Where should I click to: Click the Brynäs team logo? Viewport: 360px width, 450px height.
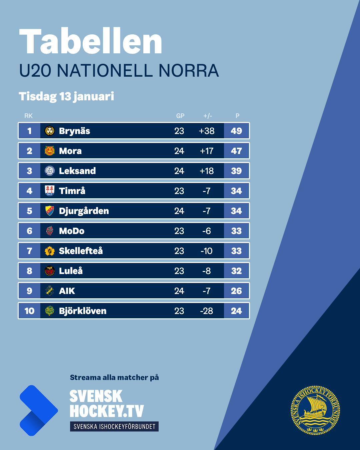(50, 131)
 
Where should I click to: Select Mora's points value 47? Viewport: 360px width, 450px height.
(236, 151)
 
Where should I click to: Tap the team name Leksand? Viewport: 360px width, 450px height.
(77, 171)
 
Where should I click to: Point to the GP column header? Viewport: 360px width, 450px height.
(180, 116)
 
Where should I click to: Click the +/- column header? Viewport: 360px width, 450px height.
(208, 116)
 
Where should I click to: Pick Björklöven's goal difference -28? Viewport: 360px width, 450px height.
(207, 311)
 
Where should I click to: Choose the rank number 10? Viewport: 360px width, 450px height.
(29, 311)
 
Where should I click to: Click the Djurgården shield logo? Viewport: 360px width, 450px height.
(50, 211)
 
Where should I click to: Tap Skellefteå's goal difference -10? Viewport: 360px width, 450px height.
(207, 251)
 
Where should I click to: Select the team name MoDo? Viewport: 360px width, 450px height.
(72, 231)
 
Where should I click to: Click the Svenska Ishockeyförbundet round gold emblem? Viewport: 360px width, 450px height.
(315, 410)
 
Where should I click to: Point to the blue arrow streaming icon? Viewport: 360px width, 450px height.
(38, 410)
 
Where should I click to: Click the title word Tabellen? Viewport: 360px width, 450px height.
(91, 42)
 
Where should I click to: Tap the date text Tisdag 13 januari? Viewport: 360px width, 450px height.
(66, 96)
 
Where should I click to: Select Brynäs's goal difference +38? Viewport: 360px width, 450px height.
(207, 131)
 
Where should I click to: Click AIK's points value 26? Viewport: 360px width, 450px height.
(236, 291)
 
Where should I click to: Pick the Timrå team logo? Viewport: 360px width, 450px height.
(50, 191)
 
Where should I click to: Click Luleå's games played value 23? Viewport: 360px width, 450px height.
(179, 271)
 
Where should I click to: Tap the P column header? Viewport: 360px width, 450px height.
(237, 116)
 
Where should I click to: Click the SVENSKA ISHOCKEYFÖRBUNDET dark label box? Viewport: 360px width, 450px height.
(114, 426)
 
